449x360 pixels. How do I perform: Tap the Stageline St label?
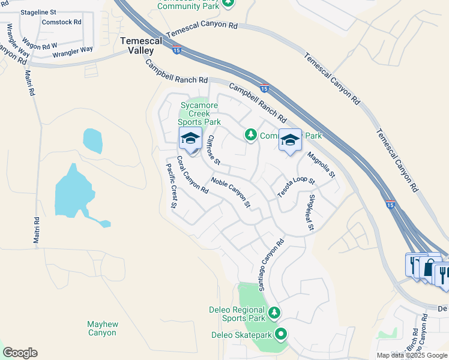[x=38, y=12]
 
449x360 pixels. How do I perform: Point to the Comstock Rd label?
[x=61, y=22]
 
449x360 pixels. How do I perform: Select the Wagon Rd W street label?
[x=41, y=44]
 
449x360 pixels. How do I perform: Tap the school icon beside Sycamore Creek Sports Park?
[x=190, y=138]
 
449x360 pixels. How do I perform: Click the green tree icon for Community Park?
[x=251, y=136]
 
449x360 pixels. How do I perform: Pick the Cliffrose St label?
[x=214, y=150]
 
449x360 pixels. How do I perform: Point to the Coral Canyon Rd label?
[x=192, y=175]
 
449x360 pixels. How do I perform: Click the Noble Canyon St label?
[x=231, y=192]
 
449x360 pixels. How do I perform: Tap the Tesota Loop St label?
[x=295, y=187]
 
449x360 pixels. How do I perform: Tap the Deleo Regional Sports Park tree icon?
[x=274, y=312]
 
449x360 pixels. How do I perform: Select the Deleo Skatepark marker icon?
[x=280, y=335]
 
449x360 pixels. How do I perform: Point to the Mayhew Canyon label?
[x=102, y=328]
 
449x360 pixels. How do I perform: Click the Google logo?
[x=20, y=353]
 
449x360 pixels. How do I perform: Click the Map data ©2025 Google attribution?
[x=412, y=355]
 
